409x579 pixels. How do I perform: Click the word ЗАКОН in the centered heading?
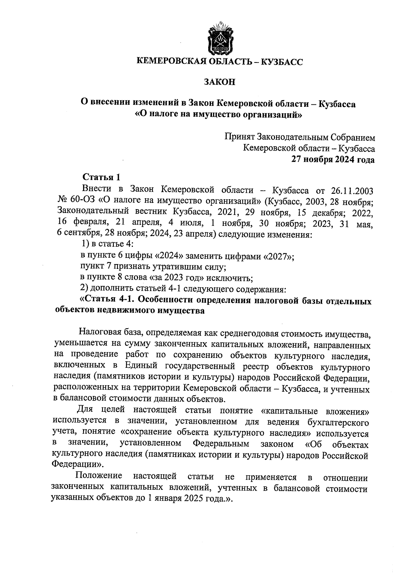pos(220,82)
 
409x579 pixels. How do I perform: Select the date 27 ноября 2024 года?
pos(332,160)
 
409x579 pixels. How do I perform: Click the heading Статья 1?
pos(102,177)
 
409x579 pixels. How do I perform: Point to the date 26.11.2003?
pos(352,190)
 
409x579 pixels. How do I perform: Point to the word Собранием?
pos(351,137)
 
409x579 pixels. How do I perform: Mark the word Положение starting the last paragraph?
pos(99,476)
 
